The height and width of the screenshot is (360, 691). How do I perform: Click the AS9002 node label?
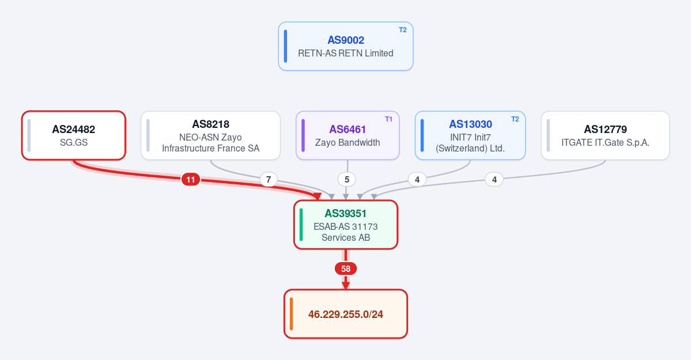pos(346,40)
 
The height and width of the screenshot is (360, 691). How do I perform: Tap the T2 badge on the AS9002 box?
pos(403,30)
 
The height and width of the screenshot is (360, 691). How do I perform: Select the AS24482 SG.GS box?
pos(74,135)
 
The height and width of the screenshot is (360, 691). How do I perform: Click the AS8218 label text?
pos(211,124)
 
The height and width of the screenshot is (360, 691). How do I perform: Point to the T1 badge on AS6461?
pos(388,119)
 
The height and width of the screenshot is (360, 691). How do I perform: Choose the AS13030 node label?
pos(471,124)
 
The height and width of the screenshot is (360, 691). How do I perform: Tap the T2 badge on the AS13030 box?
pos(515,119)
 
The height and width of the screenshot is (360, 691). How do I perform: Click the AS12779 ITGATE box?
pos(606,135)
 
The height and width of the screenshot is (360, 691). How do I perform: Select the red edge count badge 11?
pos(190,179)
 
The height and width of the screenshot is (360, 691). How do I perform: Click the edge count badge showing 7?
pos(269,179)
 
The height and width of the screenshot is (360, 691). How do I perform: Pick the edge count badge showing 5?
pos(347,179)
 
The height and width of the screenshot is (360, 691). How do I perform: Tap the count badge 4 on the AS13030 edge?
pos(417,179)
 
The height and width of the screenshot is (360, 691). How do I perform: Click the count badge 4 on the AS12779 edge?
pos(494,179)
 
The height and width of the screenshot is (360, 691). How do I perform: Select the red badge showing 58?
pos(346,269)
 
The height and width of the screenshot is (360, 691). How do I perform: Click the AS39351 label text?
pos(346,214)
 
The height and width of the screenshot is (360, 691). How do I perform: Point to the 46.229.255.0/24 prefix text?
pos(346,314)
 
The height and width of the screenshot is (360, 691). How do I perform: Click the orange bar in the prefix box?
pos(291,314)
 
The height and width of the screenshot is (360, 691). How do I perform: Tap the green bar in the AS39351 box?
pos(301,225)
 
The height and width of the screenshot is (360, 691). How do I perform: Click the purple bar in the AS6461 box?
pos(303,135)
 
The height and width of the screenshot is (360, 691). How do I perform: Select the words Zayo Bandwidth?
pos(348,143)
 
